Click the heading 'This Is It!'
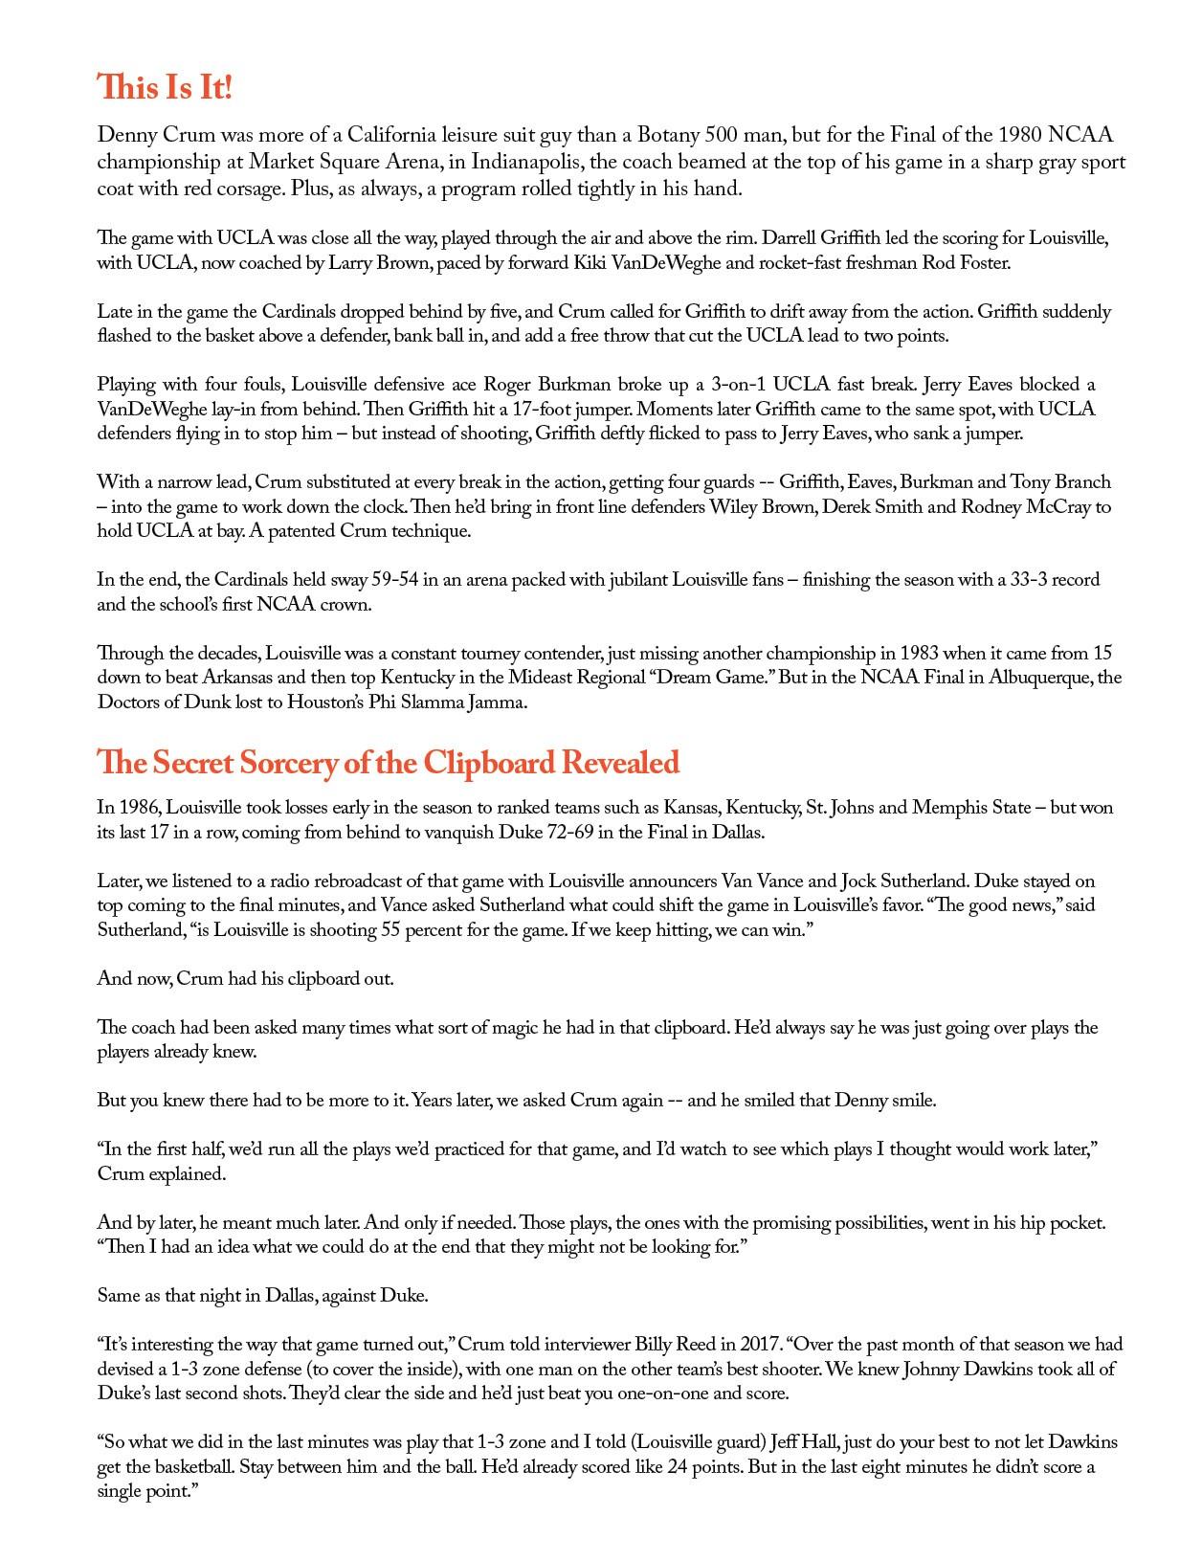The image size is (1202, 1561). coord(165,88)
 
